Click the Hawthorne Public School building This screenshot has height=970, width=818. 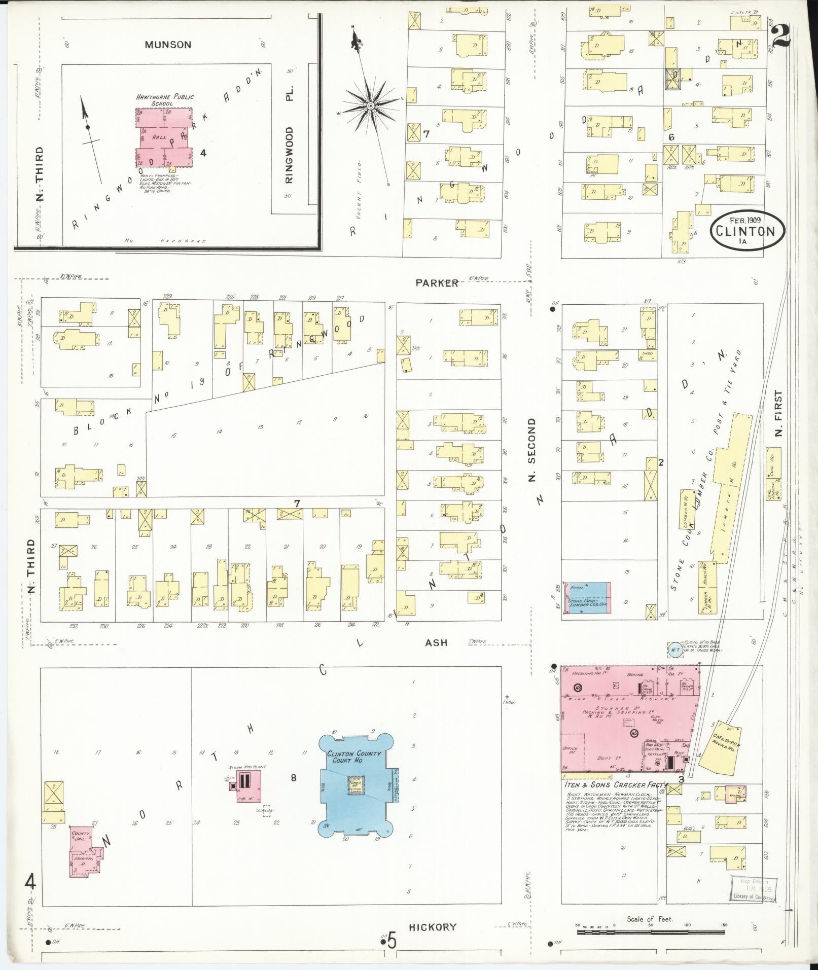click(x=165, y=137)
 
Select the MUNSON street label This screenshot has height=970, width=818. click(x=168, y=45)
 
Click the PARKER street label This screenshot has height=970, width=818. click(x=437, y=283)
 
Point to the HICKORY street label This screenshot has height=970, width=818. click(x=432, y=927)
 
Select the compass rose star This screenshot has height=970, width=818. click(x=371, y=105)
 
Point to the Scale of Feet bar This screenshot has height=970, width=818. click(x=651, y=925)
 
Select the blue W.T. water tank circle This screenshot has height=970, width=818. click(x=674, y=650)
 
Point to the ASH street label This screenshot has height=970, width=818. click(x=436, y=642)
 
